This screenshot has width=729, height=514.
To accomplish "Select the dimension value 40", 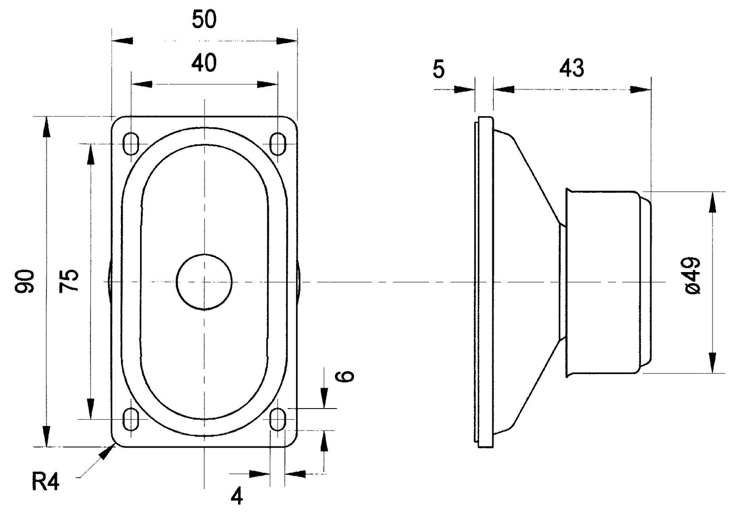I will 204,64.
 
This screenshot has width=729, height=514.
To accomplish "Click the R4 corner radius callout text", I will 46,482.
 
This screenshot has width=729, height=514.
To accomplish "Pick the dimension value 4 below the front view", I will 237,496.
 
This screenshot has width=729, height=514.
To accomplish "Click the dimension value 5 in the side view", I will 438,70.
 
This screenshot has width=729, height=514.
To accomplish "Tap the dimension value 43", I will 572,69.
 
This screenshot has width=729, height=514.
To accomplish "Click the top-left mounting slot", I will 131,143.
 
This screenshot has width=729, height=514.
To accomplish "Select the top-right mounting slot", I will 278,143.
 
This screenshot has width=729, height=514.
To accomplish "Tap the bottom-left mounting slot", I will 131,419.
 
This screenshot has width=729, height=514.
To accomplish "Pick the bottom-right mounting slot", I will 278,419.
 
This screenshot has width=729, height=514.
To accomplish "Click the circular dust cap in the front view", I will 204,281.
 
